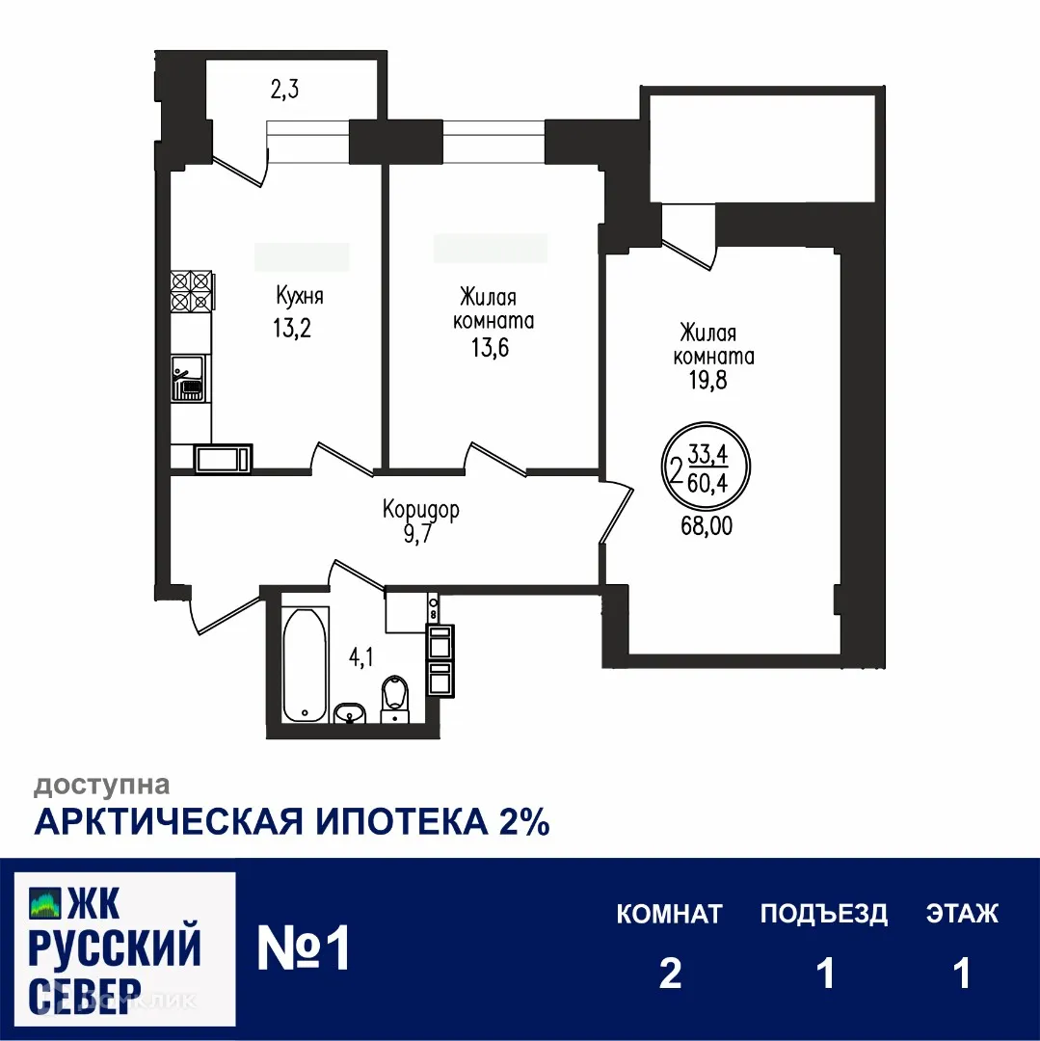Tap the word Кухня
tap(298, 296)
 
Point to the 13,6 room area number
tap(490, 347)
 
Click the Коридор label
tap(421, 509)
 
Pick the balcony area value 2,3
tap(285, 92)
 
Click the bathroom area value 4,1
tap(361, 659)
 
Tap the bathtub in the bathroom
tap(306, 664)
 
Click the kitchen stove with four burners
tap(191, 291)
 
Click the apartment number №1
tap(304, 949)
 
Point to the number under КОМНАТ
tap(670, 974)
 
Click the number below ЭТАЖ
tap(961, 974)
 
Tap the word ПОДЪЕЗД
tap(824, 914)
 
